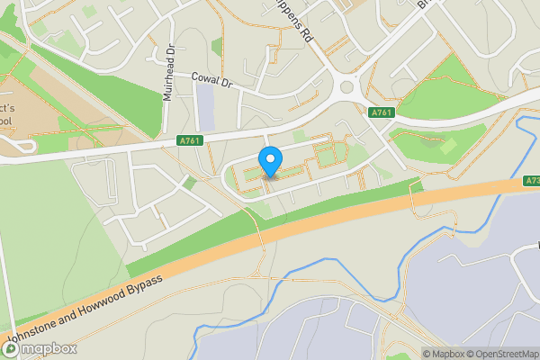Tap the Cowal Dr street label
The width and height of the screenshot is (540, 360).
(212, 80)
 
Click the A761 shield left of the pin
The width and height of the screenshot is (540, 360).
(190, 139)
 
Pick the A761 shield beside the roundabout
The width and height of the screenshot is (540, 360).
(381, 112)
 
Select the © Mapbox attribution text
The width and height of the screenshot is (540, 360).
(444, 354)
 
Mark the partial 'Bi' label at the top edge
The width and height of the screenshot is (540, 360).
(425, 4)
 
